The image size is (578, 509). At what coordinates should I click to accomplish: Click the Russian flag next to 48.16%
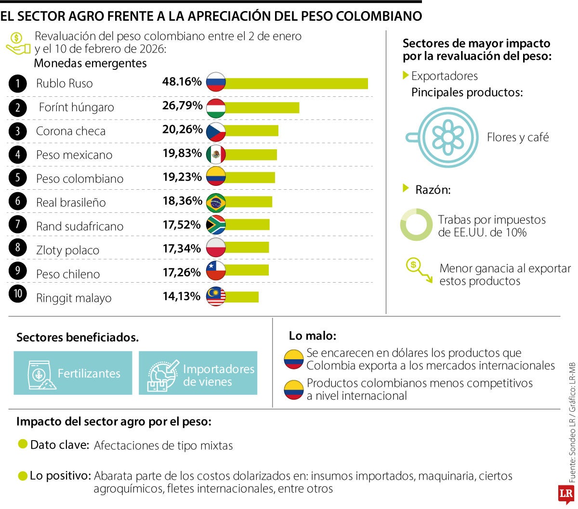216,82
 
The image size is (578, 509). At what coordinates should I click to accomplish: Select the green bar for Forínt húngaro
262,107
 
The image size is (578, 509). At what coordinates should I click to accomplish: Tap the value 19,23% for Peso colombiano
182,177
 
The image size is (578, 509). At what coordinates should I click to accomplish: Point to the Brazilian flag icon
216,202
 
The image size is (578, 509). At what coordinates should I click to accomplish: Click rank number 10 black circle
18,294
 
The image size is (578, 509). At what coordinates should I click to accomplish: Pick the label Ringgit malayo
74,298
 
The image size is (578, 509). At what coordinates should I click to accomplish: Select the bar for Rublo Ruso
296,83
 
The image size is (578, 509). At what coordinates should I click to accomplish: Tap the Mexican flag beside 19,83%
216,155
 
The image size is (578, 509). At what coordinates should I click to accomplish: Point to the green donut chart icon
416,225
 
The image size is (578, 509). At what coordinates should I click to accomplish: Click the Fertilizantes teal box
73,373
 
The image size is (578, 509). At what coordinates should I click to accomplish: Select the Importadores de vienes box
198,373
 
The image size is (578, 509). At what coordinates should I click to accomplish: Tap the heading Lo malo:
313,336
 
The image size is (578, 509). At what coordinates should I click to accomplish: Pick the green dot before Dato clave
23,444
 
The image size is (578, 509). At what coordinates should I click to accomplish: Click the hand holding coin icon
17,43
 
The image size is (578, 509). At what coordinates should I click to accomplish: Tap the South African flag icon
216,225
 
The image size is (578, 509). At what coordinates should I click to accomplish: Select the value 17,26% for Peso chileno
182,273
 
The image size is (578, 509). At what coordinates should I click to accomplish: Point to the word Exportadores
444,76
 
